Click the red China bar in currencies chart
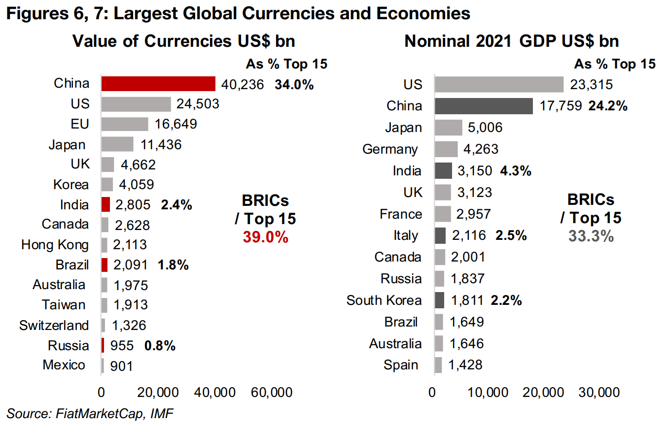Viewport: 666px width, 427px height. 158,84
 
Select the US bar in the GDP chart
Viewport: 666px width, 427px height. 498,84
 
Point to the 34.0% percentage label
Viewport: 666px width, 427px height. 294,84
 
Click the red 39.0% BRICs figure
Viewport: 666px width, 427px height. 265,237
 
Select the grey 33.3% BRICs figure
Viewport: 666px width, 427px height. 591,236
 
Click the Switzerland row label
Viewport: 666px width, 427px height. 54,326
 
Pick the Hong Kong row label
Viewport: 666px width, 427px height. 55,245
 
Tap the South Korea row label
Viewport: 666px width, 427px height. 384,300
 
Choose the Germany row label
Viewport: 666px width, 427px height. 390,149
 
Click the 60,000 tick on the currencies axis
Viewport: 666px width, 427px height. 272,393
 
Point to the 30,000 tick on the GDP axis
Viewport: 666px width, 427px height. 598,393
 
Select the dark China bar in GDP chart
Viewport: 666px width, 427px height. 484,106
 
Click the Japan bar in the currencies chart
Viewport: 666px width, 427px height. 117,144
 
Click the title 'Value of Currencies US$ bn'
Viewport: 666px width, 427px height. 183,41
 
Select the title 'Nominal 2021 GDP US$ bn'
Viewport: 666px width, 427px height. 511,41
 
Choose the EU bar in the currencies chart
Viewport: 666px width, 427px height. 125,124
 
